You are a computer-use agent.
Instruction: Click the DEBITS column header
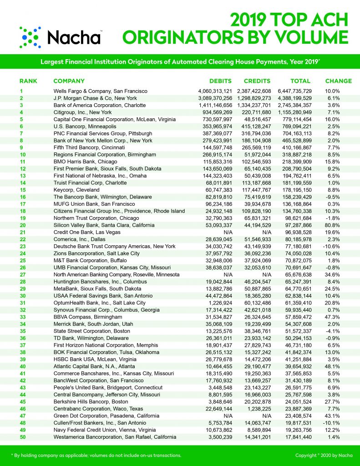220,81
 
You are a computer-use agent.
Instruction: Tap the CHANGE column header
338,81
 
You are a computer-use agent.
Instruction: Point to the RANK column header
28,81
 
